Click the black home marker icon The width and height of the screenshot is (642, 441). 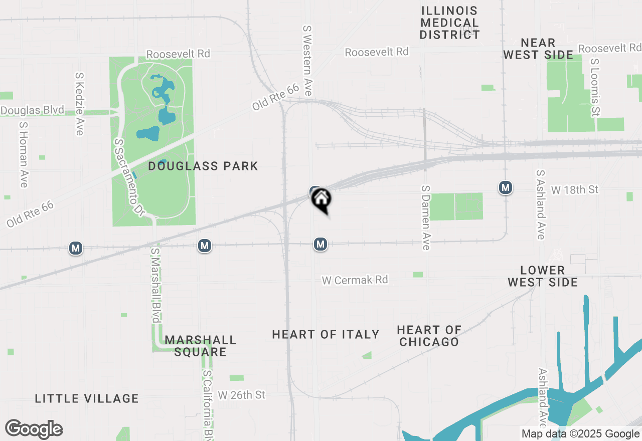[x=322, y=199]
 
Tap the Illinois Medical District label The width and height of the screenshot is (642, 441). [x=450, y=23]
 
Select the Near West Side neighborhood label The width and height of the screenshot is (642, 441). [x=538, y=49]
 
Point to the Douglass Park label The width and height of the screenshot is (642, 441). [x=203, y=166]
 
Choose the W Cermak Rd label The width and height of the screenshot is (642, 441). [x=355, y=280]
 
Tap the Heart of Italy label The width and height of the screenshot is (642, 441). [x=326, y=334]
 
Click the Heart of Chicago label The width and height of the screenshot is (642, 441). [x=429, y=336]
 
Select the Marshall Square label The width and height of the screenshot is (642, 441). [x=200, y=346]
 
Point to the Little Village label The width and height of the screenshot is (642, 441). [x=87, y=398]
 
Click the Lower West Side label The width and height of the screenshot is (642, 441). [x=543, y=276]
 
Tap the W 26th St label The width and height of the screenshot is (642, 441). [x=241, y=395]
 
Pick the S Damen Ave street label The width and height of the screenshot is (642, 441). [x=426, y=217]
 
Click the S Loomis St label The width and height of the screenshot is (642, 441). [x=595, y=88]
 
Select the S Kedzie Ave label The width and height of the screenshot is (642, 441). [x=79, y=104]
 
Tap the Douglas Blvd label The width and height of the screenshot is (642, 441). [x=32, y=110]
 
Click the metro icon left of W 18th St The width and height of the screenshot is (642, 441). [x=506, y=188]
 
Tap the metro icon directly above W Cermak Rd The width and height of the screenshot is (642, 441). [x=320, y=244]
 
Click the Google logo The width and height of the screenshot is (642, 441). [x=34, y=429]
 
